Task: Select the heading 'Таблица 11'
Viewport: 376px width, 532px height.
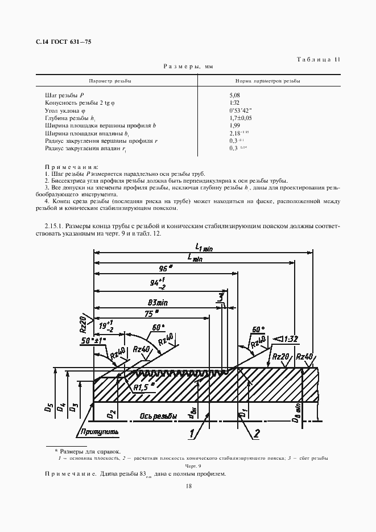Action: coord(319,59)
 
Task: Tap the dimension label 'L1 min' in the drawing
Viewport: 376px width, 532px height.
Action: coord(203,247)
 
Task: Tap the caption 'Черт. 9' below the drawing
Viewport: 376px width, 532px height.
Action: coord(188,465)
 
